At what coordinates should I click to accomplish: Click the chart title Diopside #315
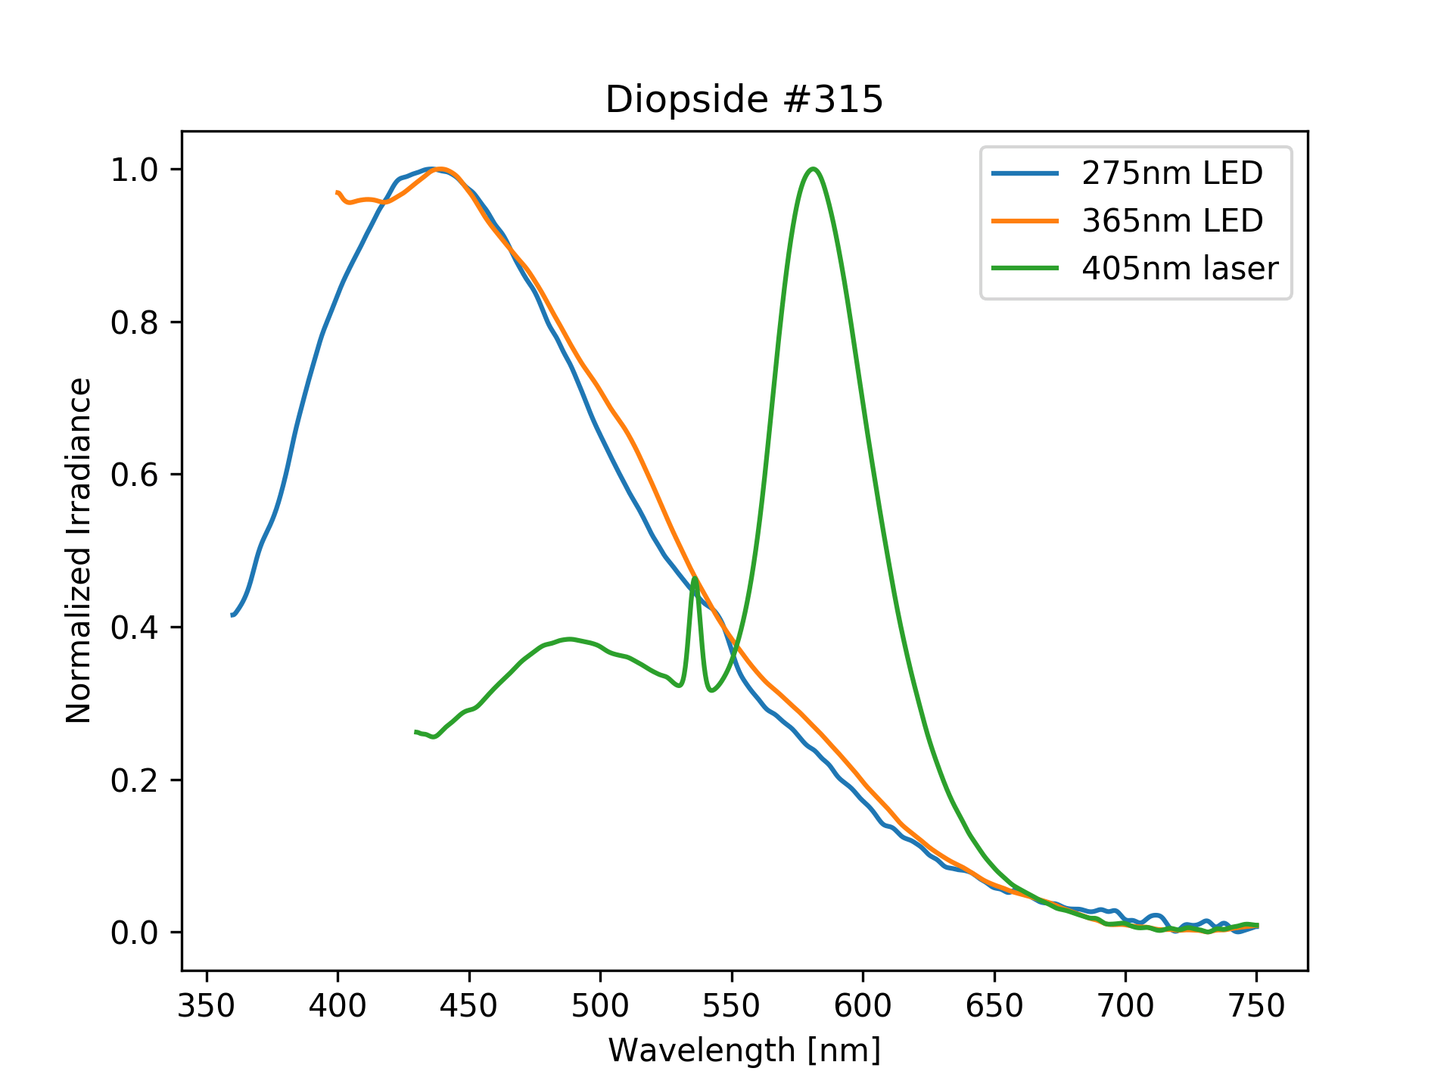point(744,99)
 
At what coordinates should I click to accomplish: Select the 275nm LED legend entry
point(1171,173)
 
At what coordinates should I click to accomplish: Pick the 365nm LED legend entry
point(1171,221)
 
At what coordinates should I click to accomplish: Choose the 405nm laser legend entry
point(1179,268)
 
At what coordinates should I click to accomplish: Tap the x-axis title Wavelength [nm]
point(744,1051)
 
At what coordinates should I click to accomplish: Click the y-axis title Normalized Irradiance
point(79,550)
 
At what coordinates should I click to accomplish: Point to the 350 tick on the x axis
point(207,1005)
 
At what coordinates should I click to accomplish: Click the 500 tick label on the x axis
point(600,1005)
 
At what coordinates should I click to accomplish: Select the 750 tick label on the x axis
point(1256,1005)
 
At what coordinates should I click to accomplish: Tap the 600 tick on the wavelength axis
point(863,1005)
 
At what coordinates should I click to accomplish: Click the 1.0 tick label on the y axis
point(135,170)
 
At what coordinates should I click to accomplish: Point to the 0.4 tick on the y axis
point(135,628)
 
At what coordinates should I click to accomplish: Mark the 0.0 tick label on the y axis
point(135,933)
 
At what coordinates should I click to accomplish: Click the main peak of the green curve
point(813,169)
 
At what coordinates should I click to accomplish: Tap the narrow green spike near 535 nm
point(695,579)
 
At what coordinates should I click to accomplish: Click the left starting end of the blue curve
point(232,615)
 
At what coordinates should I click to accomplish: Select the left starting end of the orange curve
point(338,193)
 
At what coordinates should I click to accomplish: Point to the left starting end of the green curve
point(416,732)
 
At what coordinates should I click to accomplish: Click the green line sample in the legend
point(1025,268)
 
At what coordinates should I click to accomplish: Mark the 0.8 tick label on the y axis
point(135,322)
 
